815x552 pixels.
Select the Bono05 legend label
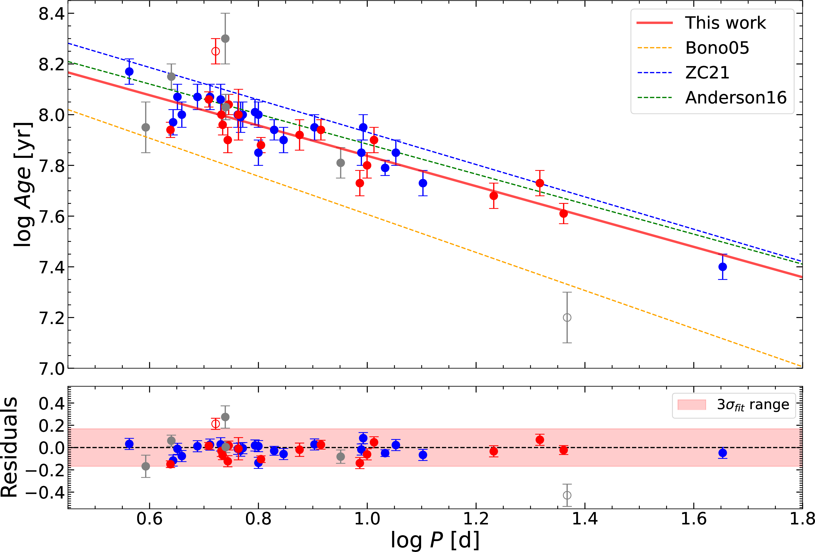click(x=717, y=48)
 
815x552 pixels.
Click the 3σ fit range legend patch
click(x=692, y=405)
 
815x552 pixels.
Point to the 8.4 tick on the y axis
click(x=52, y=14)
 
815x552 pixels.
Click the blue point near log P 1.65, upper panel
click(x=722, y=267)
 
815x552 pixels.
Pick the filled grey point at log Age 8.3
click(x=225, y=38)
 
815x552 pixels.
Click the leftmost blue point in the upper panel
click(x=129, y=72)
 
